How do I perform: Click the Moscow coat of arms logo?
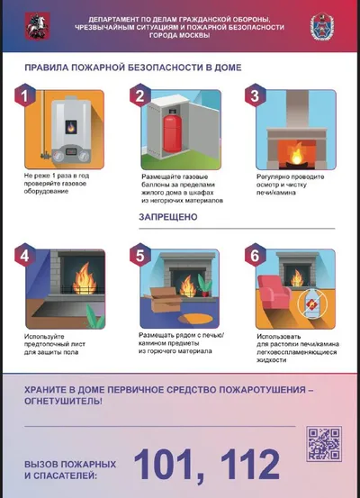[x=38, y=26]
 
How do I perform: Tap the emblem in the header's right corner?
[x=322, y=26]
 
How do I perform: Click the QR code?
[x=324, y=444]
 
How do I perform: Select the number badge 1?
[x=25, y=95]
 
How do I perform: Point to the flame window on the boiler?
[x=71, y=127]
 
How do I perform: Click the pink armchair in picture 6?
[x=274, y=292]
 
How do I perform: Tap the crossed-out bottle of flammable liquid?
[x=312, y=303]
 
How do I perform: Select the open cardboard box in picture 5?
[x=163, y=299]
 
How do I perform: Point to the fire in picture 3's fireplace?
[x=298, y=155]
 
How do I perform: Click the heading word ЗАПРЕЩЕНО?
[x=168, y=217]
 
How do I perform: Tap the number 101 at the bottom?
[x=170, y=464]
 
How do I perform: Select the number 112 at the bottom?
[x=250, y=464]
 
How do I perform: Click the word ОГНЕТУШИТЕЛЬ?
[x=64, y=401]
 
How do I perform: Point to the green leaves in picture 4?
[x=95, y=318]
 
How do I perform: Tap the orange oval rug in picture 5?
[x=193, y=318]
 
